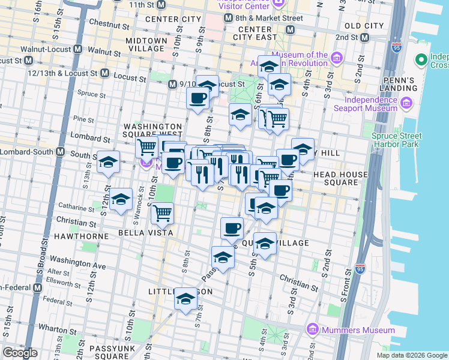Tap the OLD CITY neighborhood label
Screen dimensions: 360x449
[x=364, y=26]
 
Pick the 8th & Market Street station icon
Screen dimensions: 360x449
[x=228, y=19]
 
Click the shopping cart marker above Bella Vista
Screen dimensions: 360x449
[x=162, y=212]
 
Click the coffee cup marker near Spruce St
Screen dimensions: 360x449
[x=197, y=97]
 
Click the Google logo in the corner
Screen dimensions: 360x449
[x=20, y=353]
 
